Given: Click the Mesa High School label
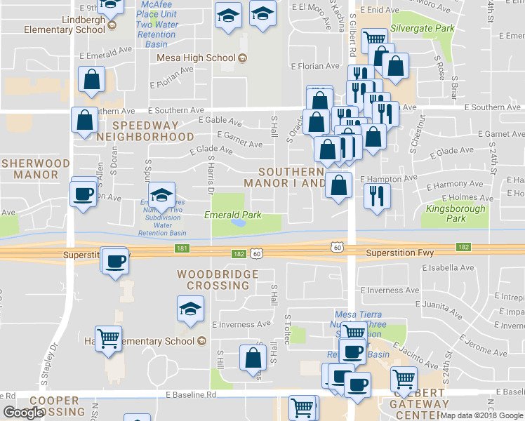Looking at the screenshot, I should [197, 58].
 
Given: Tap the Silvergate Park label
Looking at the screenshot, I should [423, 29].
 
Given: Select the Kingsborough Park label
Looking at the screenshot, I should [456, 213].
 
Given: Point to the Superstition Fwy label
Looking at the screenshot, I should [399, 253].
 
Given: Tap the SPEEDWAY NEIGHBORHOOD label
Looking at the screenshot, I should [145, 131].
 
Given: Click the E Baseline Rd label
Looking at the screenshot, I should [190, 396].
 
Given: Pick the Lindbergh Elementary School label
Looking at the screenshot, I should [65, 25].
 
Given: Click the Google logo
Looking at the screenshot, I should [24, 413].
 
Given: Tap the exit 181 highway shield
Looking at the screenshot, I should [182, 248].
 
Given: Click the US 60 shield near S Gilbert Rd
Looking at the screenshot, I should [338, 247].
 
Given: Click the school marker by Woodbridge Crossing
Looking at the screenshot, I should [189, 309].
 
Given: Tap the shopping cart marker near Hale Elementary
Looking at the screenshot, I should [109, 338].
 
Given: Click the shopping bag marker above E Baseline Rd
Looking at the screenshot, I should [252, 357].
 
